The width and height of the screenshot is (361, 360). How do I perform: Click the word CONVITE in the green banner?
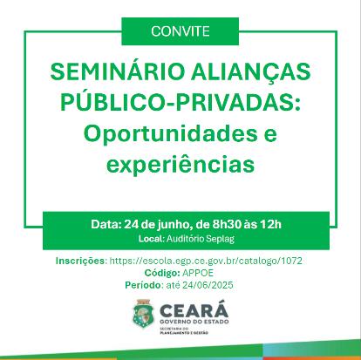[180, 31]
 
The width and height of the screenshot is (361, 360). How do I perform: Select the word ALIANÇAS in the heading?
[251, 72]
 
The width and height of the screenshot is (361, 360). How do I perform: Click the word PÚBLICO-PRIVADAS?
[180, 102]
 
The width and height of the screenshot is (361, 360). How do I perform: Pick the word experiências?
[180, 165]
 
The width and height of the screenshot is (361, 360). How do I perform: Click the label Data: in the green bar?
[106, 224]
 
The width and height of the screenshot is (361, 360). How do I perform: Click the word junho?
[174, 225]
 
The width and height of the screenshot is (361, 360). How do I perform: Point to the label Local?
[152, 239]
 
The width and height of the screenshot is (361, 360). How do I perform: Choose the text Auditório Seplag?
[201, 239]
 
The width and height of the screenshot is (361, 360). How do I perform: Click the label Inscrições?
[81, 261]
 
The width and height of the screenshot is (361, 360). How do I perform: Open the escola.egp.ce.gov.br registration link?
[206, 261]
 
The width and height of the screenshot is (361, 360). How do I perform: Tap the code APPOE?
[198, 273]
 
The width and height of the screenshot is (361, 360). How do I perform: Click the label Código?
[162, 273]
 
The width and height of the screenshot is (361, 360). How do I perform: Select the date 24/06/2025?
[208, 285]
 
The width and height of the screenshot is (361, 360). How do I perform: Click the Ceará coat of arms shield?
[143, 314]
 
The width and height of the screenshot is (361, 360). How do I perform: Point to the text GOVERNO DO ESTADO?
[194, 322]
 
